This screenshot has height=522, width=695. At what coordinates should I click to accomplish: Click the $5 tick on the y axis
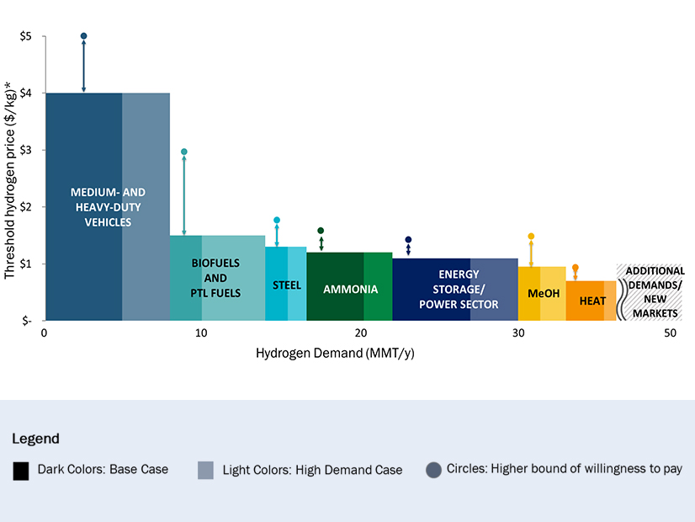(26, 36)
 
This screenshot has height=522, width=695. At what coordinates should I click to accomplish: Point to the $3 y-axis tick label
(26, 150)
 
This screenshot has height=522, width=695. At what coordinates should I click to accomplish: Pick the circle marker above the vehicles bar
(83, 36)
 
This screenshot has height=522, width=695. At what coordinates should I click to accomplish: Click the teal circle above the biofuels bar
(184, 152)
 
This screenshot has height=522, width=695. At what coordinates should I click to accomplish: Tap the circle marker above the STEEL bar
(277, 220)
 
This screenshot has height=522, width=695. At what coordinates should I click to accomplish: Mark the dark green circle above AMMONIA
(321, 230)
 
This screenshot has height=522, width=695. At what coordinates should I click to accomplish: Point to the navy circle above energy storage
(408, 239)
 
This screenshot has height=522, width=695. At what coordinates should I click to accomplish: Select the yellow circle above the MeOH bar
(531, 237)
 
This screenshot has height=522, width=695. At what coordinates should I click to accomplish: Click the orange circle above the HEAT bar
(576, 268)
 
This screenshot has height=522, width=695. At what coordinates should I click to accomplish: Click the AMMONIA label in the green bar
(351, 290)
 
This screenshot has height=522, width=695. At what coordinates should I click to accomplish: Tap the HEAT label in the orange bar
(593, 301)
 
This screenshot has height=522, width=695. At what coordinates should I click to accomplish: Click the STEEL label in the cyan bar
(287, 285)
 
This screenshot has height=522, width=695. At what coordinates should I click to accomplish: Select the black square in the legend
(22, 470)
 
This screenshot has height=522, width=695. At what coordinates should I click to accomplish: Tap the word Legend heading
(36, 439)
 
